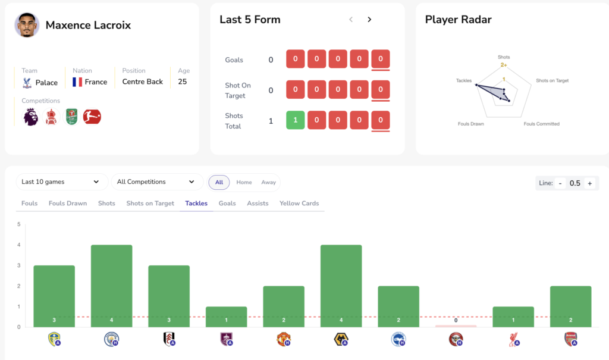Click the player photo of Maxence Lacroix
(27, 25)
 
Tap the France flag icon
(77, 82)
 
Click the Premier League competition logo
(30, 117)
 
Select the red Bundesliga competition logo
(92, 117)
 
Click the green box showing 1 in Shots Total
(295, 120)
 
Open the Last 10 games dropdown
(61, 182)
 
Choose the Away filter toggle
(268, 182)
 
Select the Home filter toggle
(244, 182)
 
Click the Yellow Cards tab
(299, 204)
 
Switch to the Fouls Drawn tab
(68, 204)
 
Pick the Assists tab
(258, 204)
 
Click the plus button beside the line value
(590, 183)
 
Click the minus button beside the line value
(560, 183)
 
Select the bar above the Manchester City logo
(111, 286)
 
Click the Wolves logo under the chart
(341, 339)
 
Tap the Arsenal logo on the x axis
(570, 339)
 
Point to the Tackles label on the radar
(464, 80)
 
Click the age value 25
(182, 82)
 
